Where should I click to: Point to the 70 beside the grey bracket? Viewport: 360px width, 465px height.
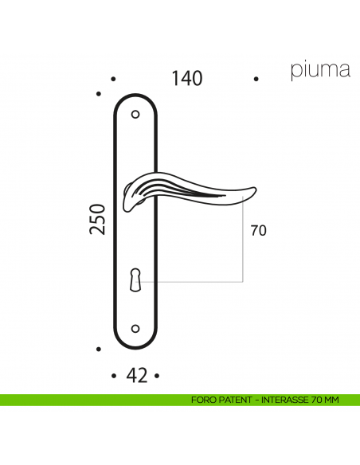pyautogui.click(x=258, y=232)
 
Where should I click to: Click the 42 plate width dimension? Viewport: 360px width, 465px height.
pyautogui.click(x=137, y=376)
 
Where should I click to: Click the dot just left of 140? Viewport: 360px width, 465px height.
pyautogui.click(x=113, y=80)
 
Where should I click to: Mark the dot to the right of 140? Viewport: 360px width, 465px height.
pyautogui.click(x=256, y=80)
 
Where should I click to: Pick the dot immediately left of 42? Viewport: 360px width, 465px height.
pyautogui.click(x=115, y=376)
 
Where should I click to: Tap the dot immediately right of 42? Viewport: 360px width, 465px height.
pyautogui.click(x=158, y=376)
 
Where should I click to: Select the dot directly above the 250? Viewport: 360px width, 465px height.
pyautogui.click(x=98, y=95)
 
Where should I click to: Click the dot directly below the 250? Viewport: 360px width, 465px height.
pyautogui.click(x=98, y=350)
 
